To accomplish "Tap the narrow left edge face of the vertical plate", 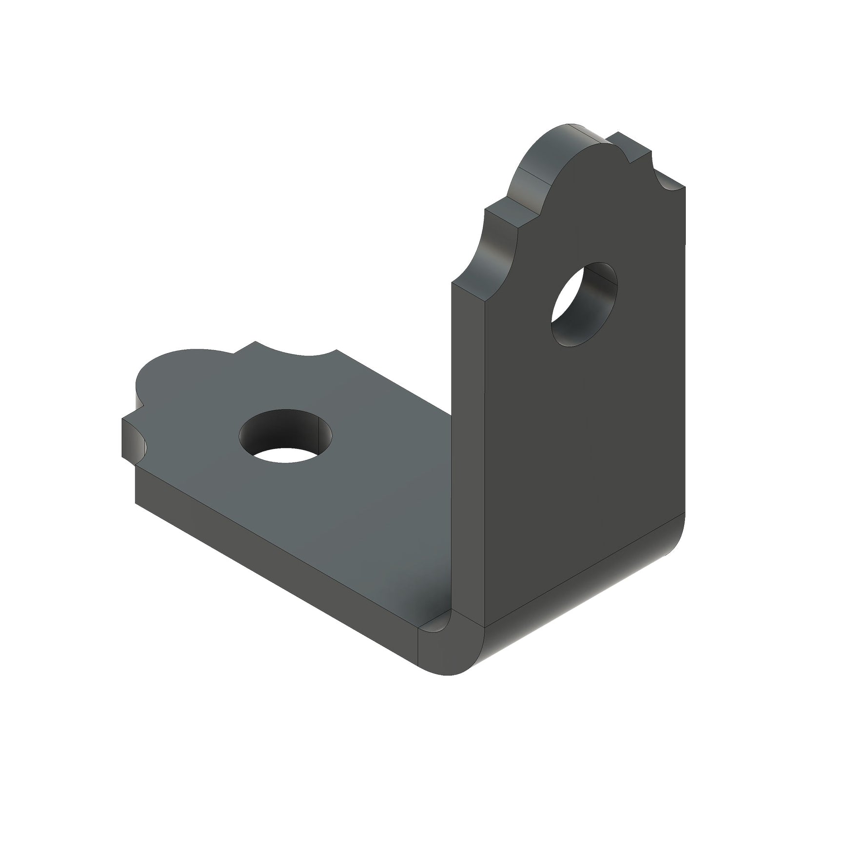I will click(468, 439).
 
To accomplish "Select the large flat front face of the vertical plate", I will click(585, 439).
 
